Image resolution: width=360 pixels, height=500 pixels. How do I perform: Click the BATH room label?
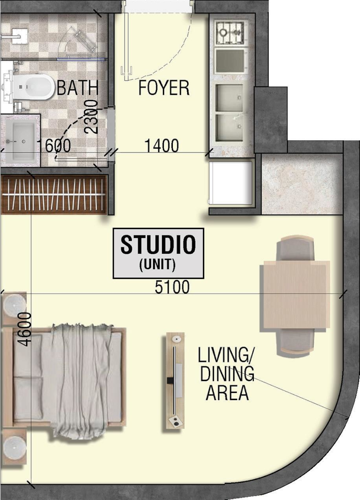[77, 88]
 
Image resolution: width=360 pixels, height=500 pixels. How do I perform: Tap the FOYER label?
[164, 88]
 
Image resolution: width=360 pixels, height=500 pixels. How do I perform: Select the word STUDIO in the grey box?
[158, 244]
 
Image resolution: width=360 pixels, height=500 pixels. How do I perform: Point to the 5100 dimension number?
[172, 287]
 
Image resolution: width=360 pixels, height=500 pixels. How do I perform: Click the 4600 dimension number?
[25, 329]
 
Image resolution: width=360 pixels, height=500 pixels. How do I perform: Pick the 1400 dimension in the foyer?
[162, 146]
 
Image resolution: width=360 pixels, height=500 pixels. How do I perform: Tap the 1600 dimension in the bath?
[54, 146]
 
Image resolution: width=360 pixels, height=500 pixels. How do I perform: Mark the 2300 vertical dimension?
[91, 117]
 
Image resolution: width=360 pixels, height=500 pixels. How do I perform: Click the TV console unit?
[175, 381]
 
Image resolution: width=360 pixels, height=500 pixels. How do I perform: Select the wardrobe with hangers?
[54, 194]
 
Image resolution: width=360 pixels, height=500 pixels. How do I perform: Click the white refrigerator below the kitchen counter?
[230, 183]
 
